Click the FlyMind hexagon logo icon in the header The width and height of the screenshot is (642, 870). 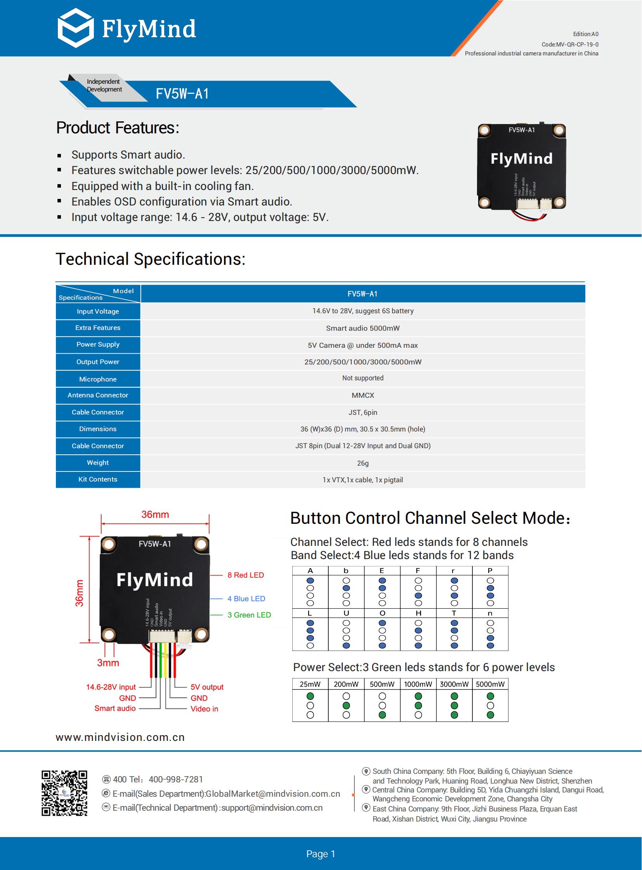coord(76,28)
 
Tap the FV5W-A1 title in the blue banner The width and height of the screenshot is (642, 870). coord(182,94)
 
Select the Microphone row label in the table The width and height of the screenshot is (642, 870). coord(97,379)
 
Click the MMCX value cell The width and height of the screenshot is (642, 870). coord(363,395)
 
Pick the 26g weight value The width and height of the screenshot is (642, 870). coord(363,463)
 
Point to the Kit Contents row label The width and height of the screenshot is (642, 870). coord(97,480)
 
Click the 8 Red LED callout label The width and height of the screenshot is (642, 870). coord(246,575)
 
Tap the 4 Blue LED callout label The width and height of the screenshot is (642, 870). coord(246,599)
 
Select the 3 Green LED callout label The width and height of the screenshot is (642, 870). coord(249,615)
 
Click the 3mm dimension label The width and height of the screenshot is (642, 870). coord(108,663)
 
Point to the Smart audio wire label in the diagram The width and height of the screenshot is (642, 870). coord(115,708)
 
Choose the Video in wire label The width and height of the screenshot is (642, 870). coord(205,709)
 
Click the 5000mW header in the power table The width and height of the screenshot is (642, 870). coord(490,684)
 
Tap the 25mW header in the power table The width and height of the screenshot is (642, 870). coord(310,684)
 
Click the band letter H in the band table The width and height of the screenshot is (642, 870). coord(418,613)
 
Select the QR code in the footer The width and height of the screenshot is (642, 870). coord(64,793)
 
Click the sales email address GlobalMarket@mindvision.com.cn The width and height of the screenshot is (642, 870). coord(273,794)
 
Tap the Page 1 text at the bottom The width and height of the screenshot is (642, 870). coord(321,854)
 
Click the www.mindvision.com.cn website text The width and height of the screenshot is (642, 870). coord(120,737)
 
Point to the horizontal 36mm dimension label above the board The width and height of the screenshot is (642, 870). coord(155,515)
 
